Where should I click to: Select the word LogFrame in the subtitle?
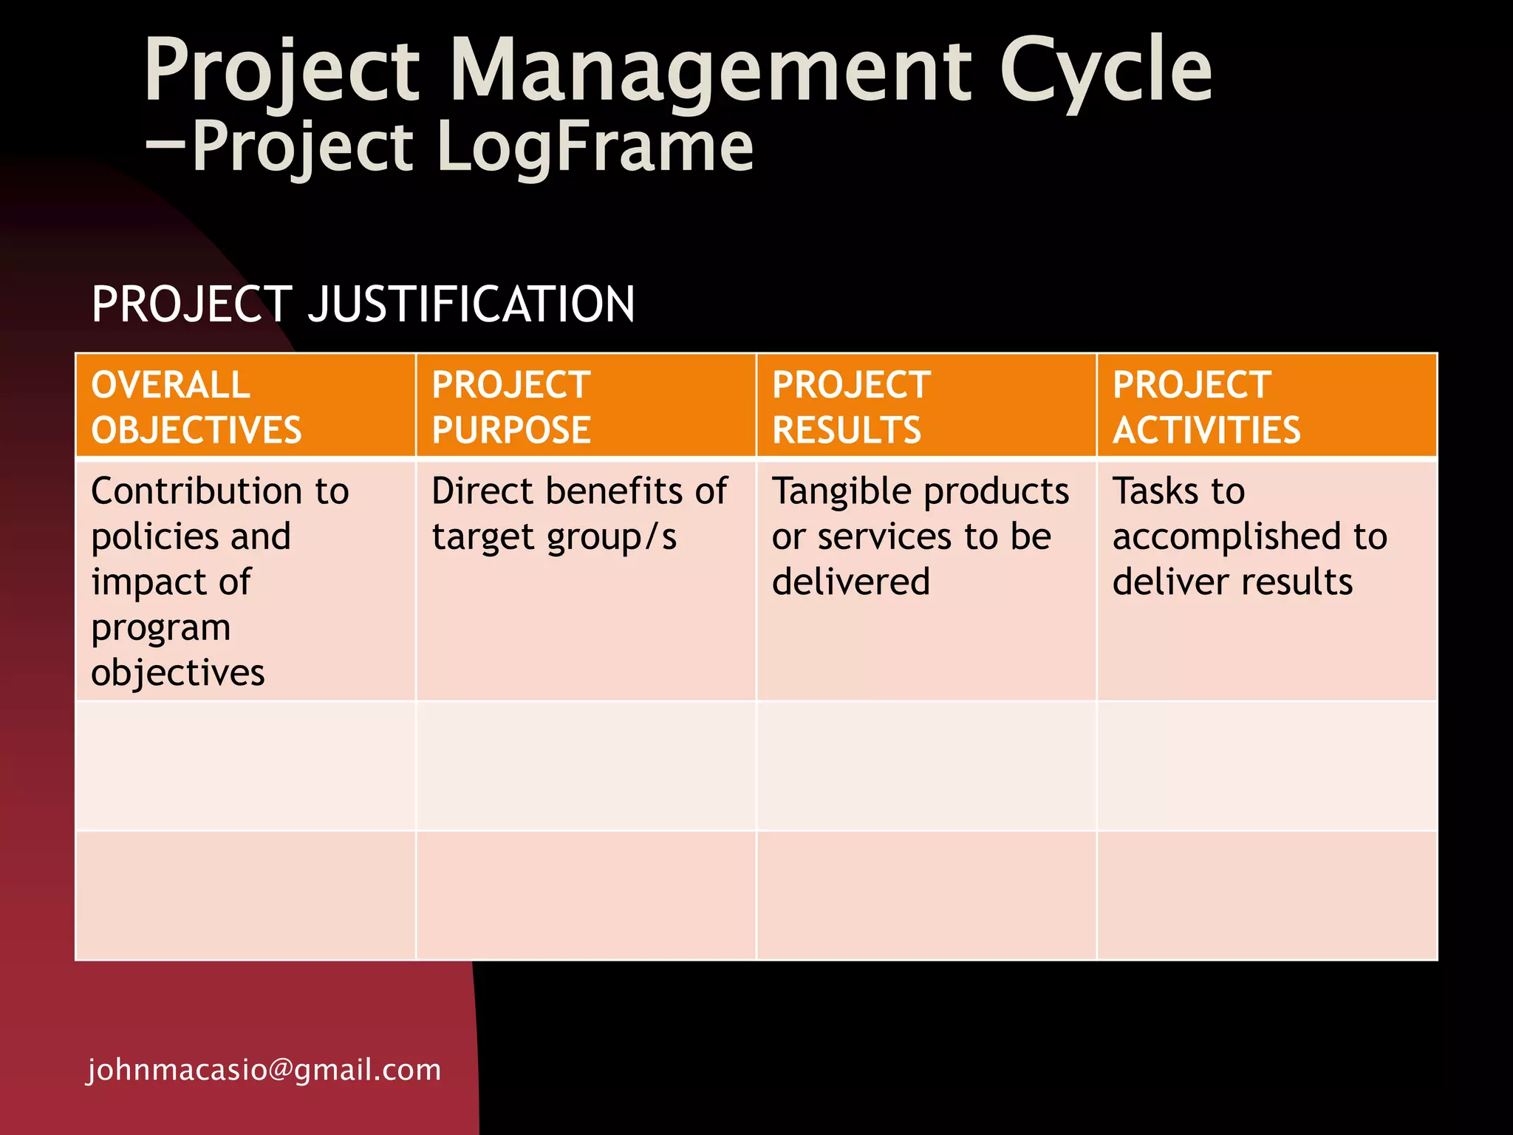coord(595,148)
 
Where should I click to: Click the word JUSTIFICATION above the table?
coord(471,304)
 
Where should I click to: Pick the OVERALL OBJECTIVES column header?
coord(197,407)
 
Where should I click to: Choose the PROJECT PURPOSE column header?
coord(511,407)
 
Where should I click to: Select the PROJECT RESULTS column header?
coord(851,407)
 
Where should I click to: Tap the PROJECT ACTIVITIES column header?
coord(1206,407)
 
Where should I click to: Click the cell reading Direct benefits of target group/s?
coord(580,514)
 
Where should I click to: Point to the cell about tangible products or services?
coord(921,536)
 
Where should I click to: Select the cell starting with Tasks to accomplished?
coord(1250,536)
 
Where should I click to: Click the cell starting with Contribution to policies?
coord(220,581)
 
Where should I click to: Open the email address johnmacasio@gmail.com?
coord(264,1070)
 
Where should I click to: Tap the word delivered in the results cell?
coord(851,582)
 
